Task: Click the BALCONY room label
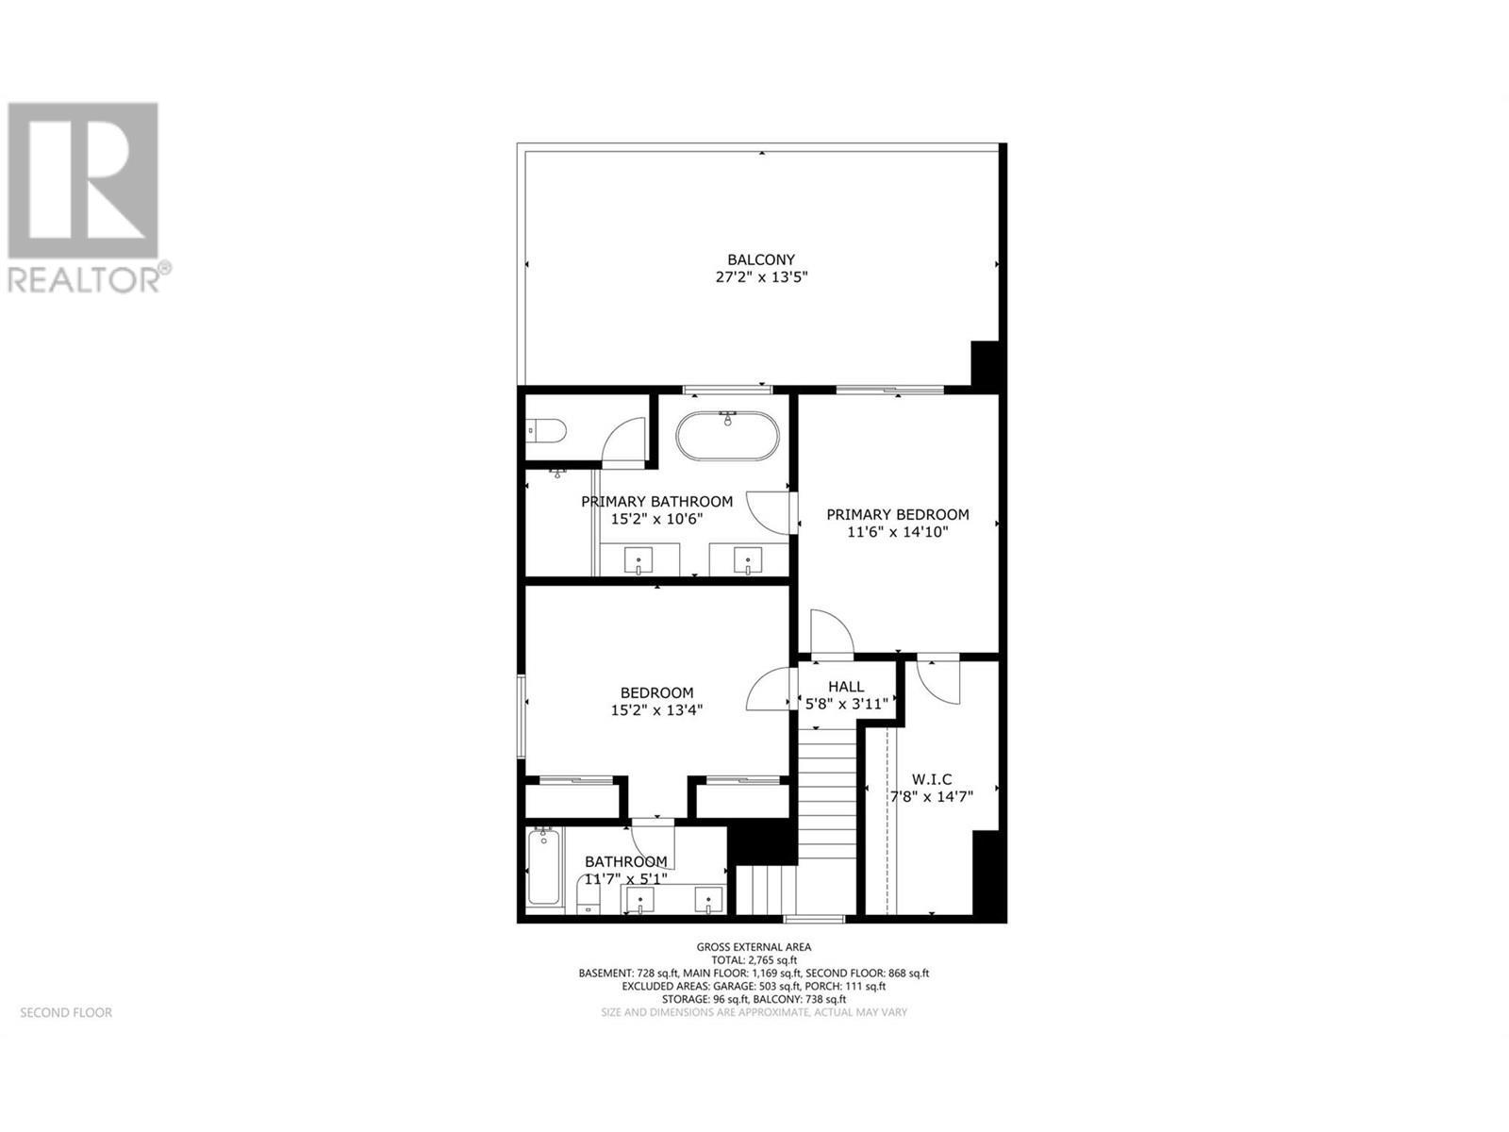point(760,259)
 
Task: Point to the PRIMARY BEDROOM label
point(897,514)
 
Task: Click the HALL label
point(846,686)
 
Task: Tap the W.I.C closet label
point(931,779)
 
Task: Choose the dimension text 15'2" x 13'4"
point(656,709)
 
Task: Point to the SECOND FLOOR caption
point(66,1012)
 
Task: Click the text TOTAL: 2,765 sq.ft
point(754,959)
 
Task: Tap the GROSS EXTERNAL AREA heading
point(754,946)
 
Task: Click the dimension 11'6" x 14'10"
point(897,532)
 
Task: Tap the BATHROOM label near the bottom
point(625,861)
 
